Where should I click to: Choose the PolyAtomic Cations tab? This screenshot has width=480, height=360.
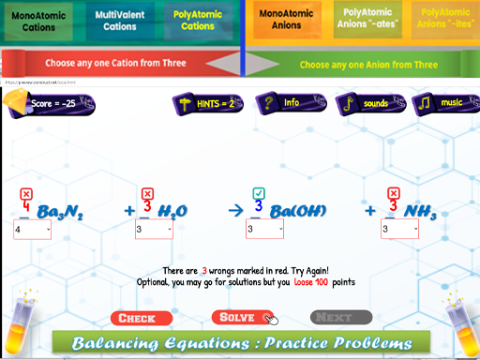pyautogui.click(x=197, y=21)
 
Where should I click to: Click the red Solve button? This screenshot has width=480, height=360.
pyautogui.click(x=242, y=318)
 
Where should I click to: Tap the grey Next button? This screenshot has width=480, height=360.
pyautogui.click(x=340, y=318)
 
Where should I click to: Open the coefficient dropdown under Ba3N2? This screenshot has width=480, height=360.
pyautogui.click(x=32, y=230)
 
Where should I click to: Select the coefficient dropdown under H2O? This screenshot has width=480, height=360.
pyautogui.click(x=154, y=230)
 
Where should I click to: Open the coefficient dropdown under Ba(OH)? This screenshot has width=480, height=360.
pyautogui.click(x=264, y=230)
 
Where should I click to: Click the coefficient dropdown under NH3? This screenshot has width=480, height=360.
pyautogui.click(x=399, y=230)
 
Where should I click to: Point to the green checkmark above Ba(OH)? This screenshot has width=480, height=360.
pyautogui.click(x=259, y=192)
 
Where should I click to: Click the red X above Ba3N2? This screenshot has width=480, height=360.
pyautogui.click(x=26, y=193)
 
